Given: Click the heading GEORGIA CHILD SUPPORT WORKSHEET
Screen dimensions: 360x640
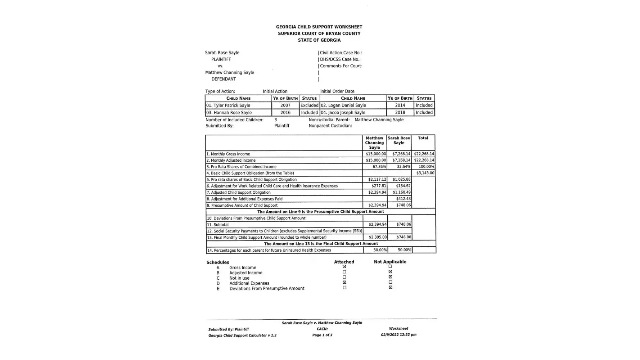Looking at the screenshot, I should click(319, 27).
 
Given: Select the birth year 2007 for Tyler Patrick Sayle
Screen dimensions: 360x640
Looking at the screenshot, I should click(285, 105).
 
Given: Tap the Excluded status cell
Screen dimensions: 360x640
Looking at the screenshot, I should click(309, 105).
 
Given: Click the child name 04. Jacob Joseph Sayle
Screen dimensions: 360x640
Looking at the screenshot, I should click(343, 113).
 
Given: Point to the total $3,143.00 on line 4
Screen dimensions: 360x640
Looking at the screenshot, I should click(425, 173).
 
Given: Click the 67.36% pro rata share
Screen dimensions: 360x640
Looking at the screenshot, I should click(379, 167).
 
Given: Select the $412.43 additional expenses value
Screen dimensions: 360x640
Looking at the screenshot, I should click(403, 199).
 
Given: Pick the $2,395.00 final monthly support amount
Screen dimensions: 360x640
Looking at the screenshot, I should click(377, 237).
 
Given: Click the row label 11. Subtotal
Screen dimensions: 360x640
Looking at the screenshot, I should click(218, 225).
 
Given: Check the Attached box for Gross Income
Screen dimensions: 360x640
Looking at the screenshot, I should click(344, 267).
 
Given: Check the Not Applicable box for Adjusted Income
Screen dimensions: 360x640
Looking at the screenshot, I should click(390, 272).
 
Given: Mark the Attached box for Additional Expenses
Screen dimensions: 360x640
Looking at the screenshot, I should click(344, 283).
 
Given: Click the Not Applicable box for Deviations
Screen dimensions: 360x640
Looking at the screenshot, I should click(390, 288).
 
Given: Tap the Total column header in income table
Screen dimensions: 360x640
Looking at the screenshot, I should click(423, 138).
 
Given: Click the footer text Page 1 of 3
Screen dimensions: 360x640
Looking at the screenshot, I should click(322, 335).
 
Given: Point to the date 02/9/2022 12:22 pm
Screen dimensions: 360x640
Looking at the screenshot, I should click(398, 335).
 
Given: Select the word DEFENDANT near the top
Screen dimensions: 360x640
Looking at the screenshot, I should click(224, 79).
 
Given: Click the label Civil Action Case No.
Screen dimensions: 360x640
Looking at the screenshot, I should click(341, 53).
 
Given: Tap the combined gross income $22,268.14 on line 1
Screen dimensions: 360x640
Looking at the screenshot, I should click(424, 154).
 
